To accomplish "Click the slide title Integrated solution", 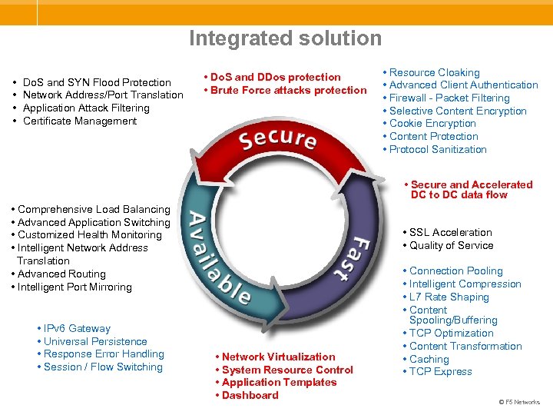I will coord(285,38).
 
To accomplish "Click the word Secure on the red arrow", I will coord(277,140).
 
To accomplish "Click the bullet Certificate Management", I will coord(80,121).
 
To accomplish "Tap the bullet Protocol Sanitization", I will coord(438,150).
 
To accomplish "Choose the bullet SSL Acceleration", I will coord(450,233).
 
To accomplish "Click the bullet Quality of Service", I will coord(451,246).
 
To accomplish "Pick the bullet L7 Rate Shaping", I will coord(449,297).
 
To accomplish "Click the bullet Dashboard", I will coord(250,396).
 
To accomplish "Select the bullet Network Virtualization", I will coord(278,357).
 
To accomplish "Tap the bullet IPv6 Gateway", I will coord(77,329).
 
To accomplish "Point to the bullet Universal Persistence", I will coord(95,342).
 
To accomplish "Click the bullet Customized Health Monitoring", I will coord(89,235).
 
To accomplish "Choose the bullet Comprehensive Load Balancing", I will coord(94,210).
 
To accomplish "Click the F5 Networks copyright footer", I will coord(519,402).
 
